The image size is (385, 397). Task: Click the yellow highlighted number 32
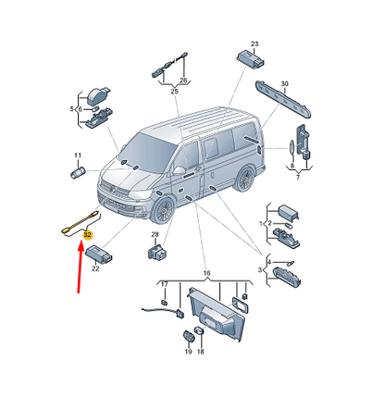88,235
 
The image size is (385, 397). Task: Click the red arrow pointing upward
81,267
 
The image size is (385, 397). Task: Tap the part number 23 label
255,43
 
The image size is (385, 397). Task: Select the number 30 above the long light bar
284,83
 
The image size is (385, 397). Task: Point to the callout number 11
78,155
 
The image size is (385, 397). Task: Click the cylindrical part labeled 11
78,173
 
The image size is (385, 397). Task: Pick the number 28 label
155,235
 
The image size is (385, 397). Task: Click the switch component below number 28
157,252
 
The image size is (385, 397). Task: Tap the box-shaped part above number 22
99,254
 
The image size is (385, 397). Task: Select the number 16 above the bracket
206,273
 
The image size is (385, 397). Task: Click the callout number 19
188,352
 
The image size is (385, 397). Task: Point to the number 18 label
201,352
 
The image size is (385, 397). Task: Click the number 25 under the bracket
174,92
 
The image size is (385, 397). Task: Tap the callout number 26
183,81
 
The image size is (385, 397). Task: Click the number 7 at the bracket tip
298,178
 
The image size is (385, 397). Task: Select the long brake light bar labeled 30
283,99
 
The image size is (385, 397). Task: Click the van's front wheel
163,210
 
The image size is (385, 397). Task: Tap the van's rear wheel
244,179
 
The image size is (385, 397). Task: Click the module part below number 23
251,60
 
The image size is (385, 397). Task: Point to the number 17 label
165,284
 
